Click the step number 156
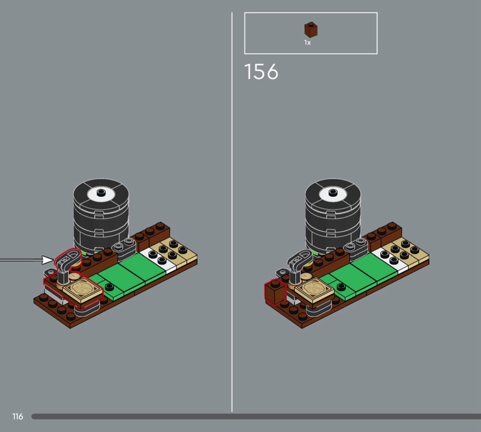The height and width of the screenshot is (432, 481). coord(262,72)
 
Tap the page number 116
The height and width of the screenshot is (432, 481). coord(17,416)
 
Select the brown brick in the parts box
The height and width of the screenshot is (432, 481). coord(311,29)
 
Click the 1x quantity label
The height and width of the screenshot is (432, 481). coord(307,43)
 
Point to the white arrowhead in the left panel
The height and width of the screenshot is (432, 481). coord(47,260)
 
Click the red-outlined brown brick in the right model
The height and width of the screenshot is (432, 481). coord(275,292)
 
